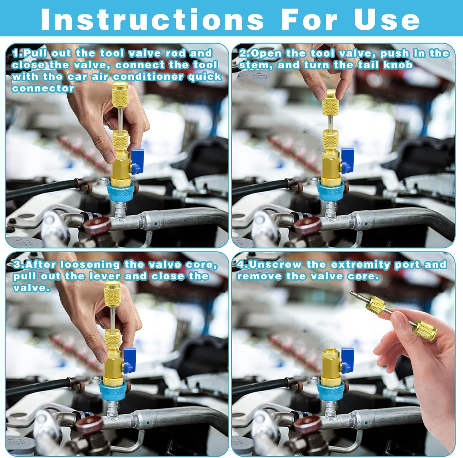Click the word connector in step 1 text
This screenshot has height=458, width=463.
tap(43, 88)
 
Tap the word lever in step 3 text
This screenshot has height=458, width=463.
tap(105, 276)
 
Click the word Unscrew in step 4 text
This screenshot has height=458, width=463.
tap(275, 265)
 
